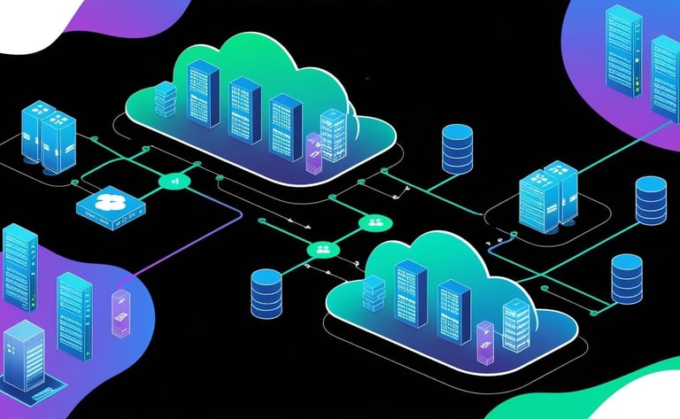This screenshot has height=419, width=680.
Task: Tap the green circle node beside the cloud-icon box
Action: [172, 182]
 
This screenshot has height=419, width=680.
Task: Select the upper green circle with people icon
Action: [374, 222]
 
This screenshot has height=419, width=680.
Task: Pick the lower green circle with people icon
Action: [320, 251]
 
